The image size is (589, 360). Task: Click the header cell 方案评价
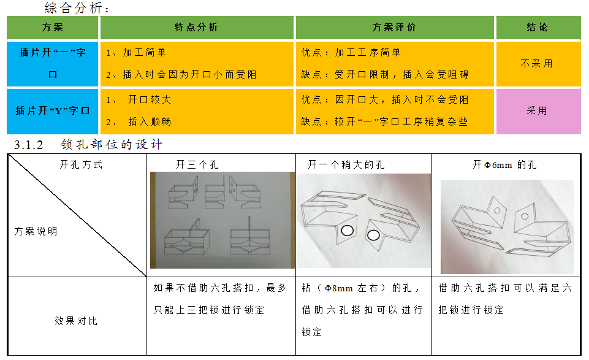[x=395, y=28]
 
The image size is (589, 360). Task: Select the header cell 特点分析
[x=197, y=28]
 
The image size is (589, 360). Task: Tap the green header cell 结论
[x=538, y=28]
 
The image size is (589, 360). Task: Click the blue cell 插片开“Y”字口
[x=53, y=111]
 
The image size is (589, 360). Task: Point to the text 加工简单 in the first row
[x=144, y=53]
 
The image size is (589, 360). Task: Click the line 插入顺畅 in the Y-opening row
[x=150, y=122]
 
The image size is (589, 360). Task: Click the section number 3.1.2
[x=29, y=145]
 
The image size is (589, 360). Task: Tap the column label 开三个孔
[x=197, y=164]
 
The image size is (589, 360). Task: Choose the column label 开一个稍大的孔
[x=346, y=164]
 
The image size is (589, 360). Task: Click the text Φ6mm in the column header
[x=498, y=165]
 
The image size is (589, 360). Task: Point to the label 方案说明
[x=36, y=231]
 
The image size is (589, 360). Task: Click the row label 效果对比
[x=76, y=321]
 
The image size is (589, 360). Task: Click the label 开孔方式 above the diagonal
[x=81, y=164]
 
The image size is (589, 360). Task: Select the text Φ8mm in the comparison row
[x=339, y=289]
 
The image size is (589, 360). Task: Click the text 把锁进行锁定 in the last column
[x=471, y=310]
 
